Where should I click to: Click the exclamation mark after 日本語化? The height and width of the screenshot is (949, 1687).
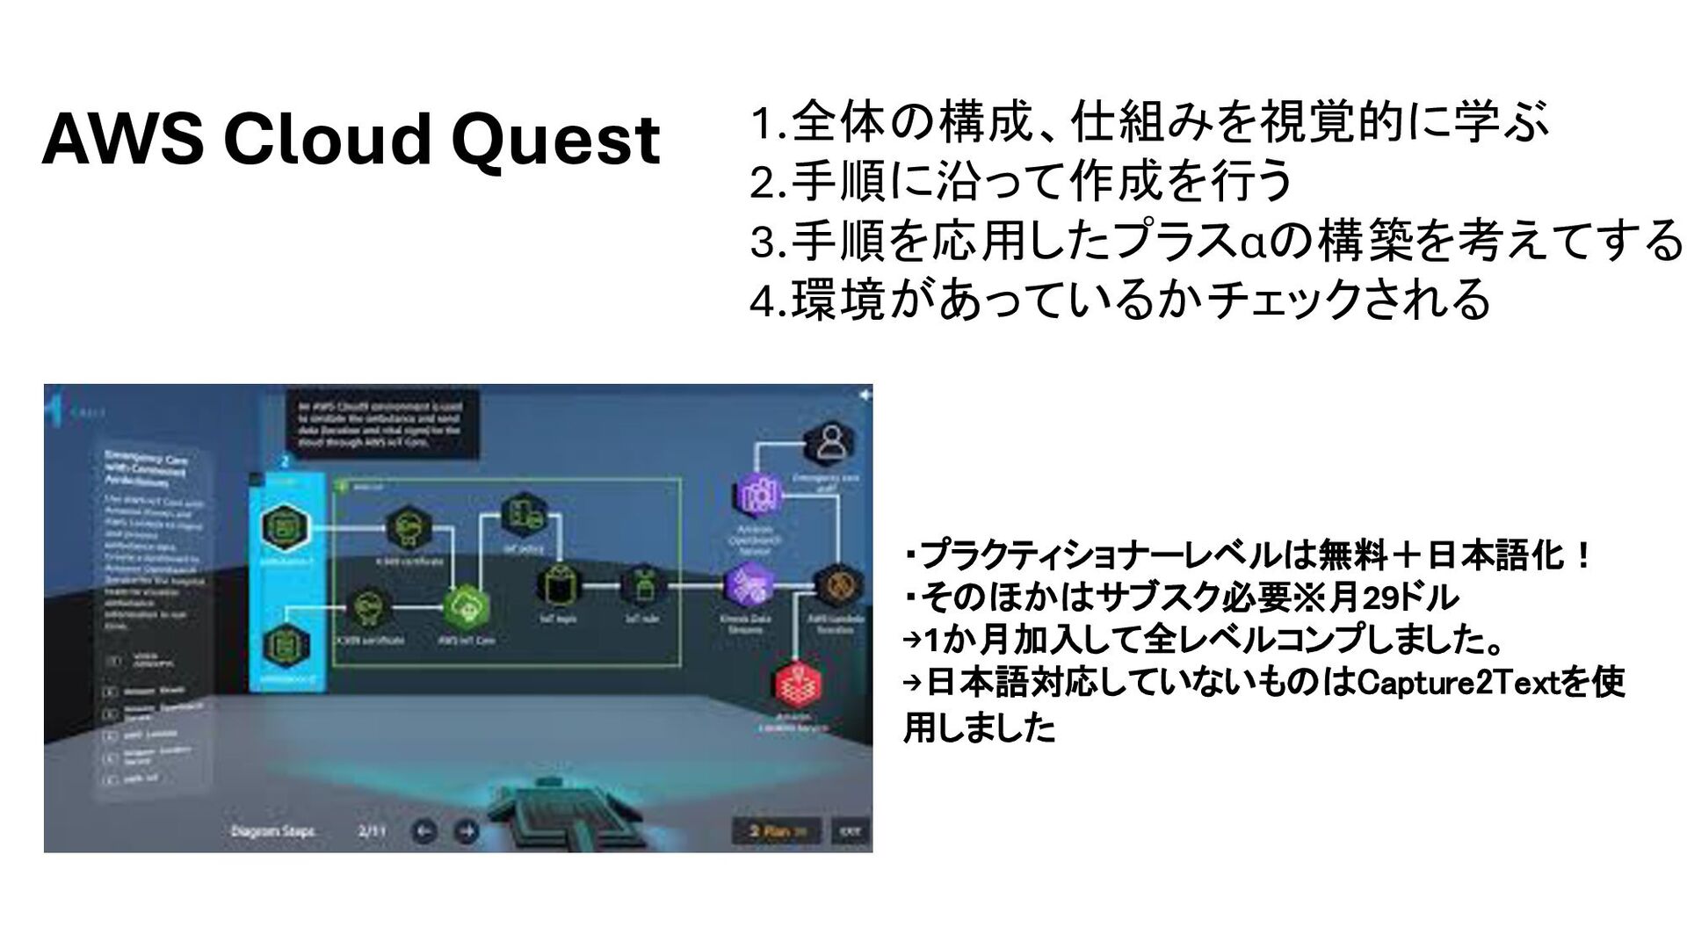point(1582,556)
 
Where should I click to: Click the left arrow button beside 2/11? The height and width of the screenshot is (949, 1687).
point(425,830)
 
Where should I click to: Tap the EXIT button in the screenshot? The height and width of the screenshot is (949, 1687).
point(850,831)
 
